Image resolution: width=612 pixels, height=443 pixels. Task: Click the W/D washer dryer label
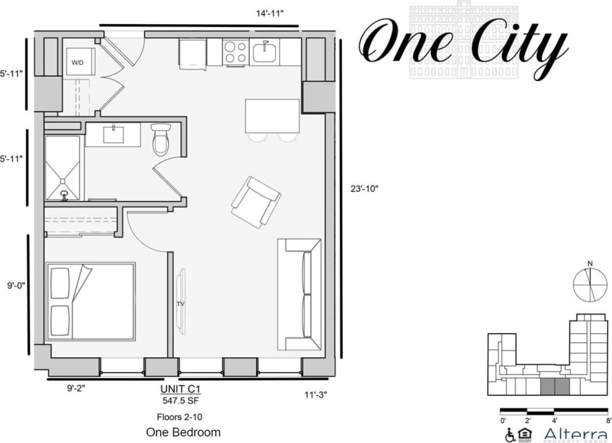click(x=78, y=62)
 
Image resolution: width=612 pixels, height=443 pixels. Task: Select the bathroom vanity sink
click(x=113, y=134)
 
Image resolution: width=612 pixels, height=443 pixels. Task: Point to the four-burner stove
click(x=235, y=52)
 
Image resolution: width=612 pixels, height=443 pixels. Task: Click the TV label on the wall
click(x=181, y=304)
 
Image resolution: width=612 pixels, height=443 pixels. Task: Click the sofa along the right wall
click(x=299, y=294)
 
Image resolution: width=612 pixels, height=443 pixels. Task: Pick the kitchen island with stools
click(x=271, y=116)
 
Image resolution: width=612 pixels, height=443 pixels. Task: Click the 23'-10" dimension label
click(x=363, y=189)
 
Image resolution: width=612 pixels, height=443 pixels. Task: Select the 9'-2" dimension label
click(x=77, y=389)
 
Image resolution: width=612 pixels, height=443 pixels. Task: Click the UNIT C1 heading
click(x=181, y=389)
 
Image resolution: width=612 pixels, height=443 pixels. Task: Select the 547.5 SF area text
click(x=181, y=400)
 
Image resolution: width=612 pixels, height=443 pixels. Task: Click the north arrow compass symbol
click(x=590, y=284)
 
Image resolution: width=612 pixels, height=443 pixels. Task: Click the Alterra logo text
click(x=575, y=434)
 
